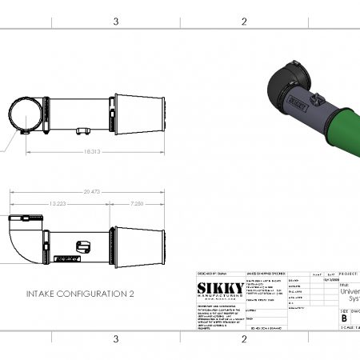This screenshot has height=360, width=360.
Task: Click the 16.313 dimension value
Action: (90, 150)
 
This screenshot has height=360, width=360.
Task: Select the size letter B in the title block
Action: (345, 317)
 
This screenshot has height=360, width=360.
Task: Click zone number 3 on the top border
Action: (116, 22)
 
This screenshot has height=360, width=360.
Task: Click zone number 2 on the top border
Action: (243, 22)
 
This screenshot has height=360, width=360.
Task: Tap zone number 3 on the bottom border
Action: (116, 339)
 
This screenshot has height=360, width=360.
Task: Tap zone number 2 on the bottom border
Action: (243, 339)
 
